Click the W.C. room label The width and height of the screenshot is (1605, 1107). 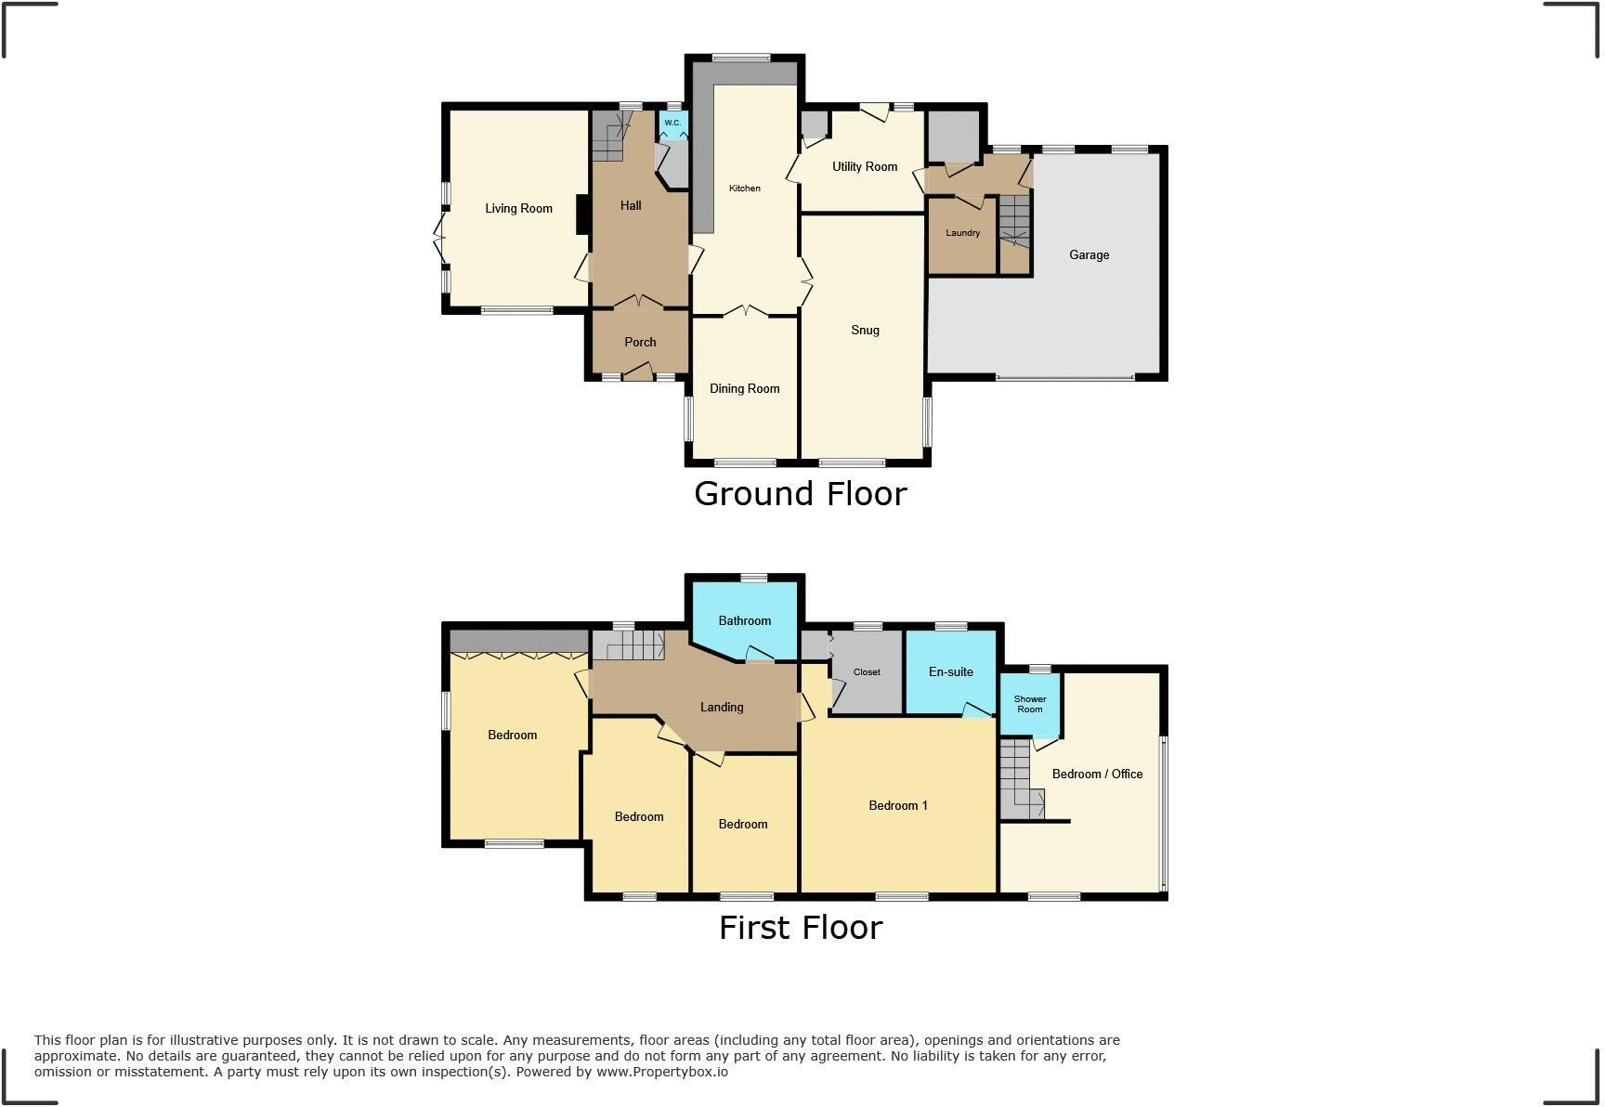(x=672, y=123)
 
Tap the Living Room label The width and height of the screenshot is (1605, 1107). (x=518, y=208)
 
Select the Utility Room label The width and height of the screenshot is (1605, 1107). (x=864, y=166)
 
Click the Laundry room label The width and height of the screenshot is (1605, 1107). (x=962, y=233)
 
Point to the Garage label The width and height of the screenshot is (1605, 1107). (x=1089, y=254)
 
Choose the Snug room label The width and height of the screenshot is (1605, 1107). (x=864, y=330)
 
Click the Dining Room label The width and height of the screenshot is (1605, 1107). (x=744, y=388)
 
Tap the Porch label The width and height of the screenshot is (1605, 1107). (x=640, y=342)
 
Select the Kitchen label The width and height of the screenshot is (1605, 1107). (x=744, y=189)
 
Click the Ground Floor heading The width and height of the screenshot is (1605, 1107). (x=800, y=493)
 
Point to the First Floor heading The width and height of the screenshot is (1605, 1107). (x=800, y=927)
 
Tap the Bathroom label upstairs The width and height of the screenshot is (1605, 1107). (x=744, y=620)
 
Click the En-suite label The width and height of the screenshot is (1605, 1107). (x=950, y=671)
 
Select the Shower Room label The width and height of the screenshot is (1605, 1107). (x=1029, y=704)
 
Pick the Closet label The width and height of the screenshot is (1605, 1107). (x=866, y=671)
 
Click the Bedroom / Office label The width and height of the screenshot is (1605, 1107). (x=1097, y=774)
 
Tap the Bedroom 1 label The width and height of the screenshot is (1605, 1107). (x=897, y=805)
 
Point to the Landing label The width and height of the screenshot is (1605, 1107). (x=721, y=707)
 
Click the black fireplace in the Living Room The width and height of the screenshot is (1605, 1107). (x=582, y=214)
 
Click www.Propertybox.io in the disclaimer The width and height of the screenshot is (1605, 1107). (x=661, y=1072)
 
